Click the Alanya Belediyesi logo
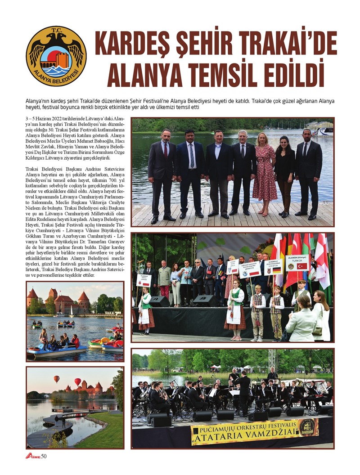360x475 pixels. click(56, 56)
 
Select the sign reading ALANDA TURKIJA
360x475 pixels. click(297, 263)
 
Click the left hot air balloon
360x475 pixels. click(57, 379)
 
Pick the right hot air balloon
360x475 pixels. click(77, 382)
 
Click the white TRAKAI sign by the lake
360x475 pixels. click(112, 313)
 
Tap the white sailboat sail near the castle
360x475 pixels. click(72, 311)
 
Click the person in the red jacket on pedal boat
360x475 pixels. click(75, 341)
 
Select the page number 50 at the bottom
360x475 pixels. click(44, 456)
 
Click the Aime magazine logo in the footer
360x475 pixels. click(32, 456)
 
